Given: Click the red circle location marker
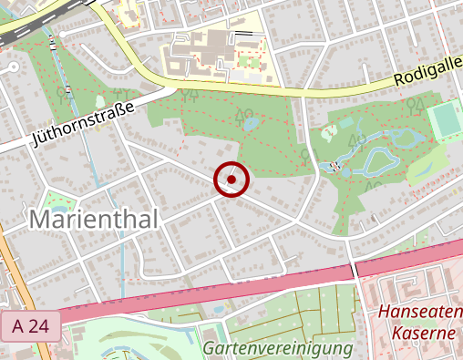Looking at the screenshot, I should [232, 180].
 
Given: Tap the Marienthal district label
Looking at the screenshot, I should [94, 220].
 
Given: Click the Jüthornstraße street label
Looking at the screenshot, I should [83, 125].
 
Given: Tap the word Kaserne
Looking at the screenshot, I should [423, 334].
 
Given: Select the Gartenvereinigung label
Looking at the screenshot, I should [277, 348].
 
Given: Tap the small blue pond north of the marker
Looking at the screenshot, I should [248, 122].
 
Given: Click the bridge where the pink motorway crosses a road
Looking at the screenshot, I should [354, 270].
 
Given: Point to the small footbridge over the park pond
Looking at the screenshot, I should [336, 167].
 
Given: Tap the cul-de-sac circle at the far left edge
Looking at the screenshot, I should [12, 67].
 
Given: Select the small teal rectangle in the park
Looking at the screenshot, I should [98, 101].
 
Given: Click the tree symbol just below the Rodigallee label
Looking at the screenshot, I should [414, 102].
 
